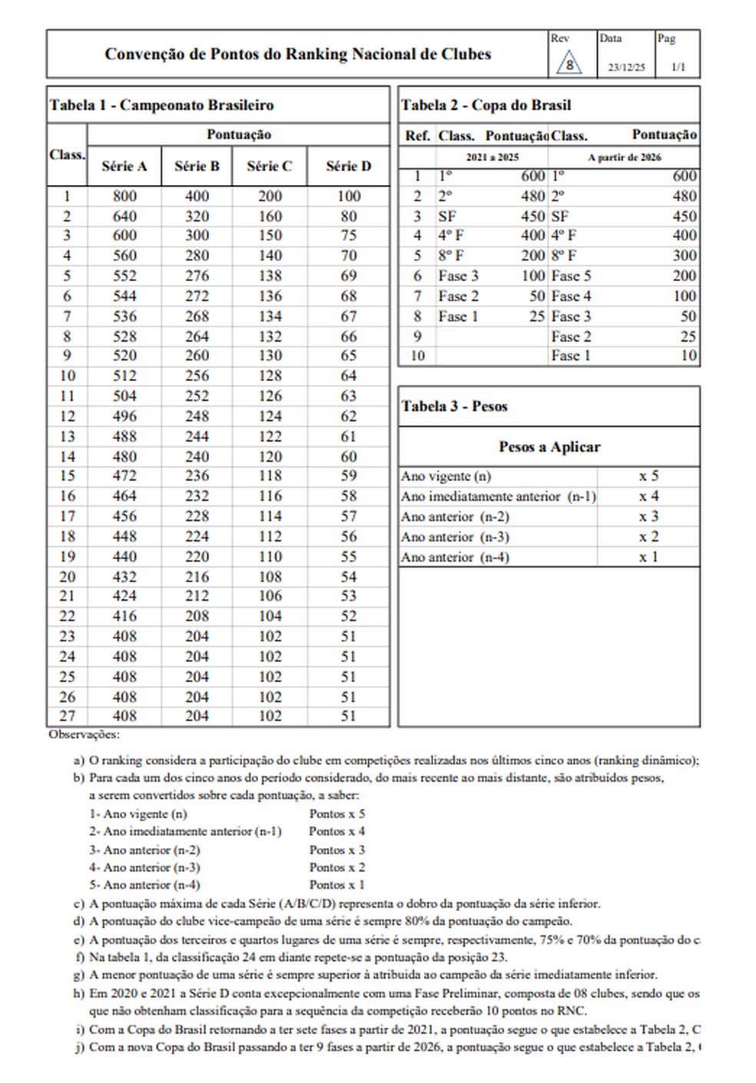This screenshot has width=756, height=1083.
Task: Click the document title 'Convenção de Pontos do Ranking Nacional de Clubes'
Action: coord(297,55)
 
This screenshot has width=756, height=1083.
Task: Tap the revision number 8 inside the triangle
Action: coord(569,65)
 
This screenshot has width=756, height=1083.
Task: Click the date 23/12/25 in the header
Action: coord(626,68)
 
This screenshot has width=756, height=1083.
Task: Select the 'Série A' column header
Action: coord(124,166)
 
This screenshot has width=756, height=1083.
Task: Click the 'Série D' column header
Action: coord(348,166)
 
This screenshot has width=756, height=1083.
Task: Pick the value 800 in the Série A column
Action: coord(124,197)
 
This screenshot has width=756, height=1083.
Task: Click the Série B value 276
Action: coord(197,276)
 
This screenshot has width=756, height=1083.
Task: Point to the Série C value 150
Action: coord(270,236)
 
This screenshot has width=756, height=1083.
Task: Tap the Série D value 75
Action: coord(349,236)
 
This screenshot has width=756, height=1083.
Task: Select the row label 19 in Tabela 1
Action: coord(68,556)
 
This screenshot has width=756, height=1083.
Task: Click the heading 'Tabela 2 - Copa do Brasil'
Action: coord(486,105)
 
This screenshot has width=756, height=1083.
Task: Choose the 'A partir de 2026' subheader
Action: coord(624,157)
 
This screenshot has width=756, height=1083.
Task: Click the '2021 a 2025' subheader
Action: coord(492,157)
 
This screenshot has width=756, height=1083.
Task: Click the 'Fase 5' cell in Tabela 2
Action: coord(571,276)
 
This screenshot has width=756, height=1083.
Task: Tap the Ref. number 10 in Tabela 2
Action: coord(417,356)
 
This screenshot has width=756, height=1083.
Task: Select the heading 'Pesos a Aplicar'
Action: coord(549,447)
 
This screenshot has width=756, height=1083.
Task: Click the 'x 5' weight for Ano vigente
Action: coord(648,476)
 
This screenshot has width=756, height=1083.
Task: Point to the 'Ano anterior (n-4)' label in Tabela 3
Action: coord(455,558)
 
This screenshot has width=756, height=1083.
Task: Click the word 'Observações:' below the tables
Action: coord(84,734)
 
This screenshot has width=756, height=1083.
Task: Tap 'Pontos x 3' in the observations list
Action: coord(337,850)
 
